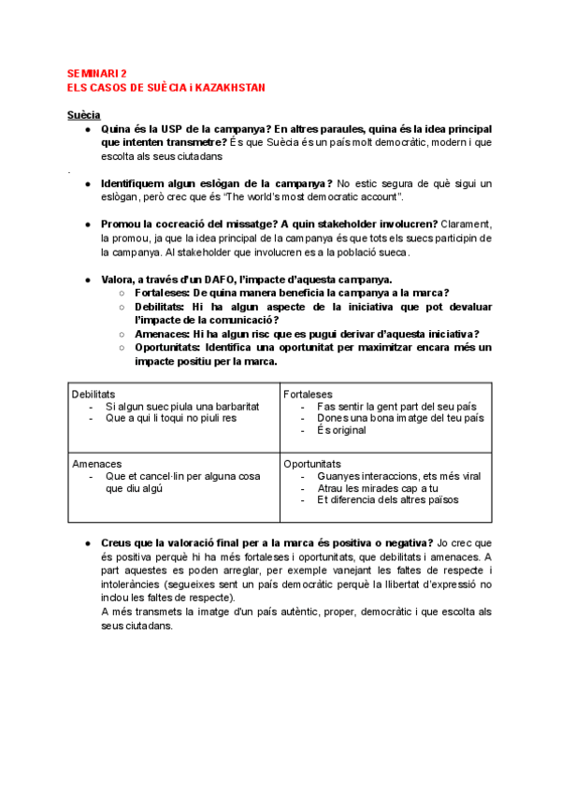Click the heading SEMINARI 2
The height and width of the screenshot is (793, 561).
[98, 73]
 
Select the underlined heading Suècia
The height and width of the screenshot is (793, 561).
[83, 114]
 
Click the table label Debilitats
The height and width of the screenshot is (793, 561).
[93, 395]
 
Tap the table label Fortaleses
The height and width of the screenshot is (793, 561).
[308, 395]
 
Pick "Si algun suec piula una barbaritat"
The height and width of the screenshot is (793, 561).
[182, 407]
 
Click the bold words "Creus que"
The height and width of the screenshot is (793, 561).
[125, 543]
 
